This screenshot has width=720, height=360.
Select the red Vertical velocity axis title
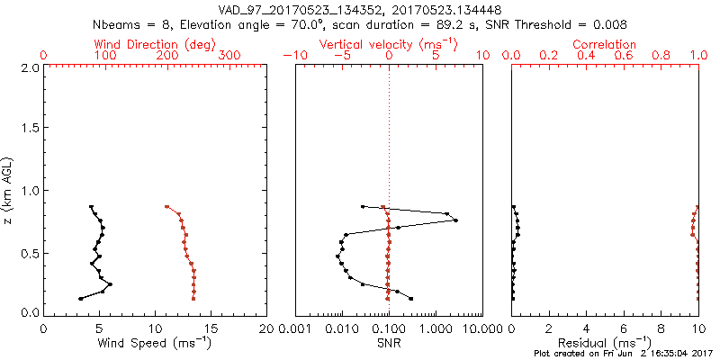[x=389, y=43]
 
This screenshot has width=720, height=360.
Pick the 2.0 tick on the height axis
[x=29, y=67]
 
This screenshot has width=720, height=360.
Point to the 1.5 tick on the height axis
[x=29, y=129]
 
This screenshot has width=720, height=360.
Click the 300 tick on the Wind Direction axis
[x=229, y=56]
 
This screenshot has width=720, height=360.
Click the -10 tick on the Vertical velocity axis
[x=293, y=56]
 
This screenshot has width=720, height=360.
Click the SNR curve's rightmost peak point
[x=455, y=220]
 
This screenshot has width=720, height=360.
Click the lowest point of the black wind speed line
[x=81, y=298]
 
